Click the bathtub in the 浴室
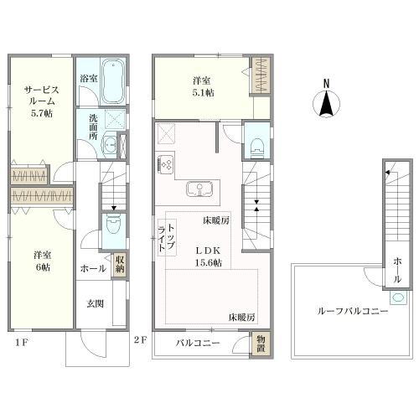[113, 82]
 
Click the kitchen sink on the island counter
[199, 189]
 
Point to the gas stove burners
[166, 163]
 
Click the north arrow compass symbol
[326, 103]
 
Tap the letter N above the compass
[326, 83]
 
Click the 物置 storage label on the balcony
[261, 344]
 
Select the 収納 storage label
[120, 264]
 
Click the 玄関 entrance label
[95, 303]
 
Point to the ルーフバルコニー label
[353, 311]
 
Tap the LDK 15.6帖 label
[208, 256]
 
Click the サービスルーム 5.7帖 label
[42, 101]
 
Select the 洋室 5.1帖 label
[202, 86]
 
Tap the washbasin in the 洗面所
[110, 145]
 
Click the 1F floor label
[22, 343]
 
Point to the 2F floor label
[140, 340]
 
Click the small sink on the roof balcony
[398, 297]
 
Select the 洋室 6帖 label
[43, 261]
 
